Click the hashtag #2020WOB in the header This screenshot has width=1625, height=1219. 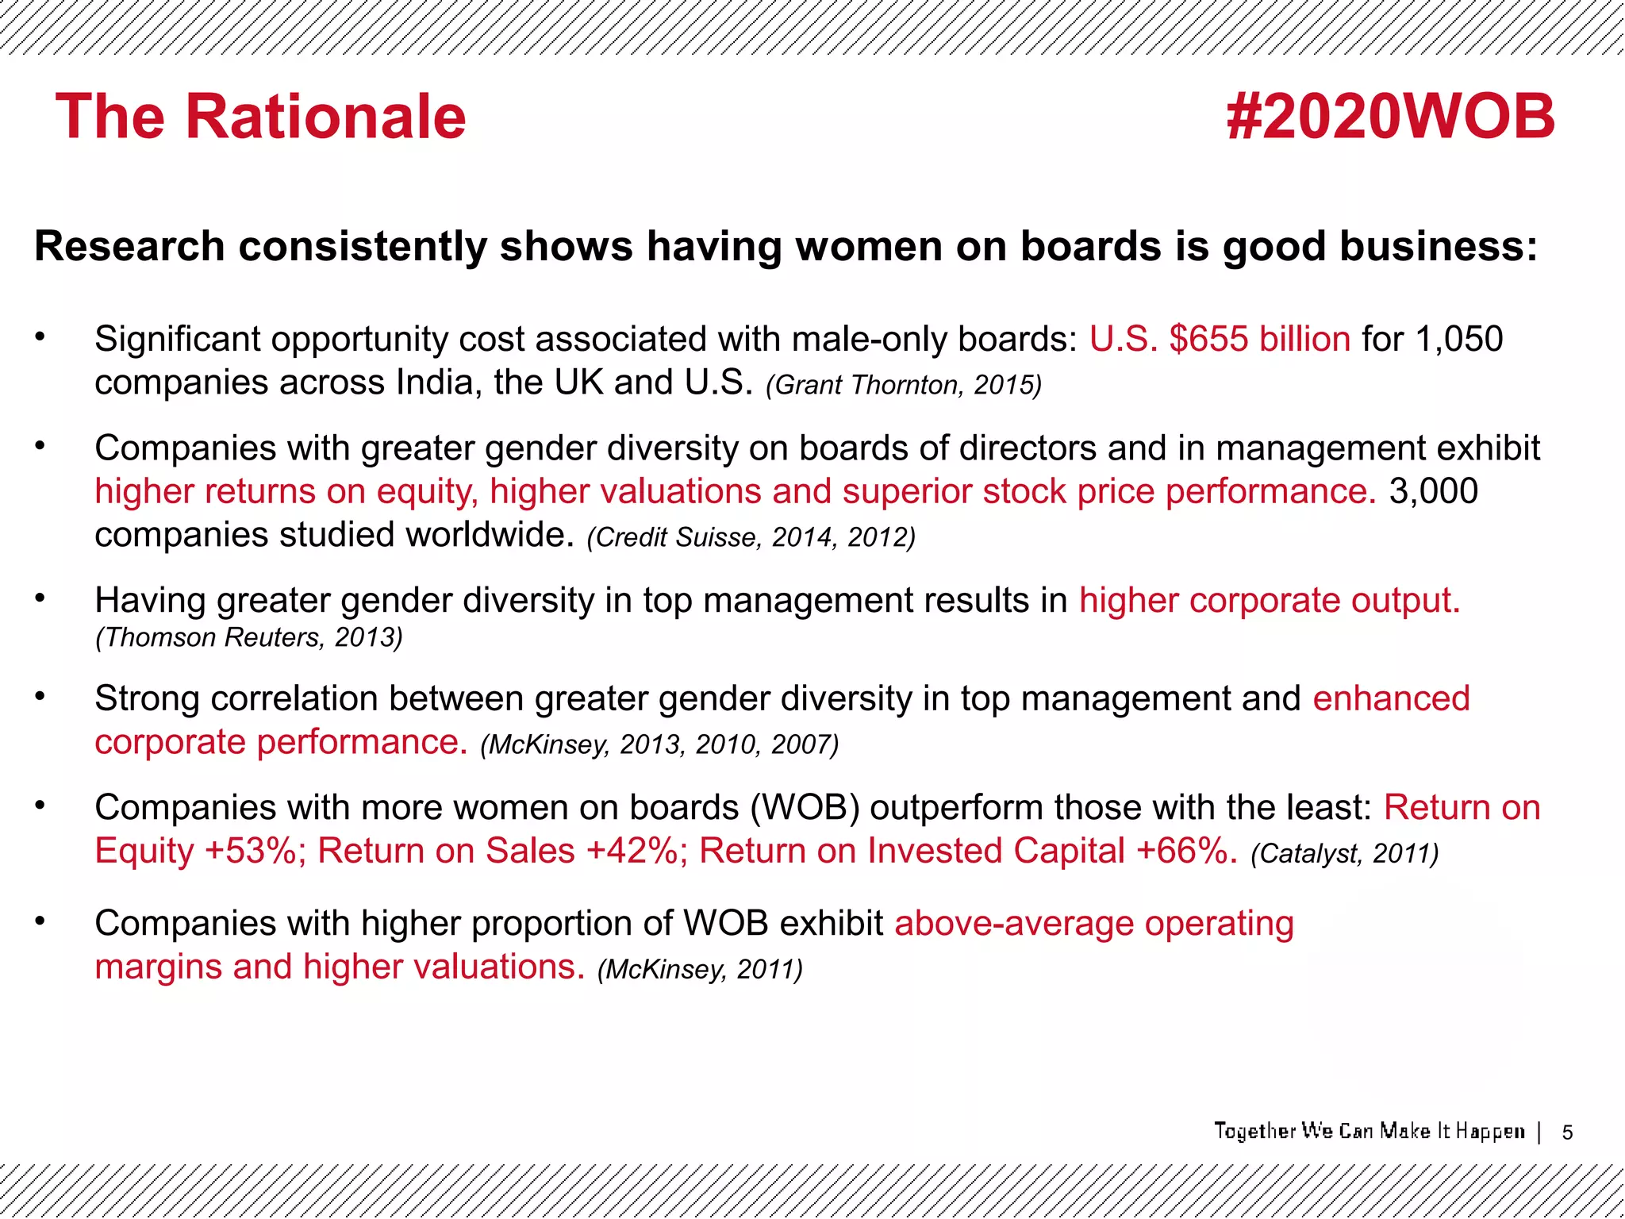tap(1390, 117)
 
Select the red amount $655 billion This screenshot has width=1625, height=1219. tap(1259, 340)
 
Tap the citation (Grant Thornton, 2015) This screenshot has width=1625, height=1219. tap(904, 386)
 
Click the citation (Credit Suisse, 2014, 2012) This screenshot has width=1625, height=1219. tap(751, 538)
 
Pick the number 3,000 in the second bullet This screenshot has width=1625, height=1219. tap(1433, 492)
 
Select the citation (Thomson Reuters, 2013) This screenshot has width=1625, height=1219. tap(249, 637)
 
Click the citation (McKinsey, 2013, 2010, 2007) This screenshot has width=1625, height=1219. tap(659, 745)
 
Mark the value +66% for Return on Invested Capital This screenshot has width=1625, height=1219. tap(1186, 852)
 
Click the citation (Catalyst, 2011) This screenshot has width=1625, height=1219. tap(1344, 854)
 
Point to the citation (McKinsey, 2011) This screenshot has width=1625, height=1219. tap(699, 970)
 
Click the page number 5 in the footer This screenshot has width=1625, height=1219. tap(1567, 1133)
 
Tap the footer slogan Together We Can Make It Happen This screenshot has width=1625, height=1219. tap(1370, 1131)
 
